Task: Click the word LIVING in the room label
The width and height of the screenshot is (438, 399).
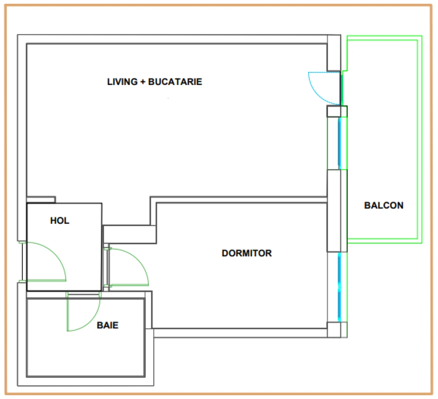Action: tap(122, 82)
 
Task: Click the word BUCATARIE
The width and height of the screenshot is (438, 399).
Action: tap(175, 82)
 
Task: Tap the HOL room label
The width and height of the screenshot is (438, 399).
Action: tap(60, 221)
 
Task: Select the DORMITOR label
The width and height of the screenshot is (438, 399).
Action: tap(247, 253)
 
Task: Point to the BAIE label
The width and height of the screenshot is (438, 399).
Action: tap(108, 325)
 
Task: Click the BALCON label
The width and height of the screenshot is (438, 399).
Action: tap(384, 205)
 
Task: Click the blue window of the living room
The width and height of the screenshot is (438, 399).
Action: tap(339, 143)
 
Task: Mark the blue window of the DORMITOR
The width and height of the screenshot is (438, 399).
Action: tap(339, 287)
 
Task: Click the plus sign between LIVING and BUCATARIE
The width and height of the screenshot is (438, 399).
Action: tap(143, 82)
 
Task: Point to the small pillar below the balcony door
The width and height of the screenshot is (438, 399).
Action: tap(337, 111)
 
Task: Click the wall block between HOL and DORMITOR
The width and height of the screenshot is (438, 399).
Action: tap(130, 234)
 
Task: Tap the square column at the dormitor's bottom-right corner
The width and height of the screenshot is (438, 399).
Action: tap(337, 330)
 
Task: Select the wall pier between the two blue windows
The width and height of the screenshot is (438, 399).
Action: tap(337, 211)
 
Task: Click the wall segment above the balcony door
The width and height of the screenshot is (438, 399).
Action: tap(334, 53)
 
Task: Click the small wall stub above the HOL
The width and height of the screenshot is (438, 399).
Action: tap(41, 199)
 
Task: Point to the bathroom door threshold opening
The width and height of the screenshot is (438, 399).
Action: tap(84, 294)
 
